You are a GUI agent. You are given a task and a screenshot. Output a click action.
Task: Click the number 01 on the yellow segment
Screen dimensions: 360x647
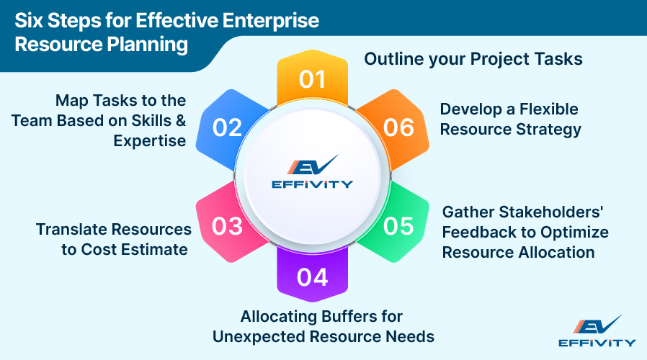click(x=312, y=79)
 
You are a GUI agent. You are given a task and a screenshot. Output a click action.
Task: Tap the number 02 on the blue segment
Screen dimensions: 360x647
click(x=227, y=127)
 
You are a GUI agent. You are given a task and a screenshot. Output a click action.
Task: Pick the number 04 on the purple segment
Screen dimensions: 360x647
click(x=312, y=276)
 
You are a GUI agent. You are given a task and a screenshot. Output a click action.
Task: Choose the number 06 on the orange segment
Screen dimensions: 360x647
click(x=398, y=127)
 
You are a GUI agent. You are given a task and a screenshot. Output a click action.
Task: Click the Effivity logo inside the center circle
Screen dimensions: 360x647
click(x=313, y=173)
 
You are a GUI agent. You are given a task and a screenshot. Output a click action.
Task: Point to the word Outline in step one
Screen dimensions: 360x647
click(x=391, y=59)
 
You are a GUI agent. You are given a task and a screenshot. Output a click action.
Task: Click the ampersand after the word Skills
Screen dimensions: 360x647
click(x=179, y=120)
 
